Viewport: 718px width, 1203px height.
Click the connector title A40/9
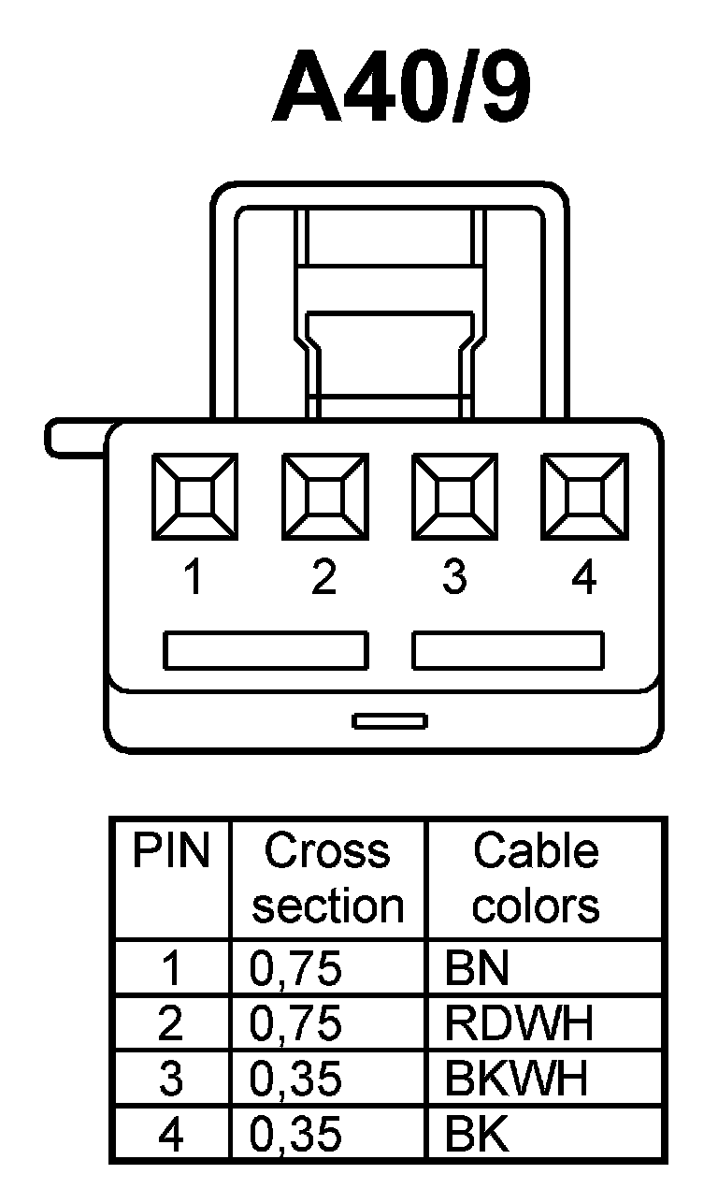coord(402,91)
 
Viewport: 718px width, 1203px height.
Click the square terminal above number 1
coord(194,496)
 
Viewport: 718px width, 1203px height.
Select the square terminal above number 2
coord(324,496)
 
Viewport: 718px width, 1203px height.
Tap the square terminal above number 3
coord(454,496)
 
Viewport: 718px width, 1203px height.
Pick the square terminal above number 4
coord(584,496)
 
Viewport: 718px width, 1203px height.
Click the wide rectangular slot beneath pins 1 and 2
coord(266,650)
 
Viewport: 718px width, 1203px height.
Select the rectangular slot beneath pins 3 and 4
coord(508,650)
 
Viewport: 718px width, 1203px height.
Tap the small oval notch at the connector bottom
coord(390,720)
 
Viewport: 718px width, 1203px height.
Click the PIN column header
coord(171,851)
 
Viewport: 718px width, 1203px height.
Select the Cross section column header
coord(327,878)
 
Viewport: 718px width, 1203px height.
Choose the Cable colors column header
coord(536,878)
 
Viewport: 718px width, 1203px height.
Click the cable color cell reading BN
coord(478,969)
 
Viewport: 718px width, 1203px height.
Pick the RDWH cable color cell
coord(519,1024)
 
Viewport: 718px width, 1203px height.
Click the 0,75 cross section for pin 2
coord(295,1024)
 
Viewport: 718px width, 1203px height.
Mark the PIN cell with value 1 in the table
coord(171,969)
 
